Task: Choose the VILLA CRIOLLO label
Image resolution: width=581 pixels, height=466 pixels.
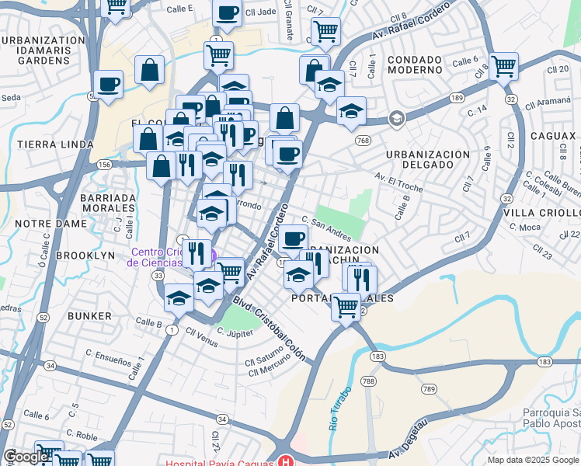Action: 542,213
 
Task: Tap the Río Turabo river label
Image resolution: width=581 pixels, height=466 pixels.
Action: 336,409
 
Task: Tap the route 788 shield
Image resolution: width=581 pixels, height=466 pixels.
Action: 368,381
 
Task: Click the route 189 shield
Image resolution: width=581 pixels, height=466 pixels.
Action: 456,97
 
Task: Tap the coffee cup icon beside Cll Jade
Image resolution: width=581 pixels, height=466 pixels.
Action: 228,14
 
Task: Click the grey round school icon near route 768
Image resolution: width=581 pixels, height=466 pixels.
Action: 396,119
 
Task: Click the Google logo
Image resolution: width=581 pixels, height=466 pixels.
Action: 26,457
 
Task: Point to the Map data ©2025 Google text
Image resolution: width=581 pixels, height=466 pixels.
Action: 532,460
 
